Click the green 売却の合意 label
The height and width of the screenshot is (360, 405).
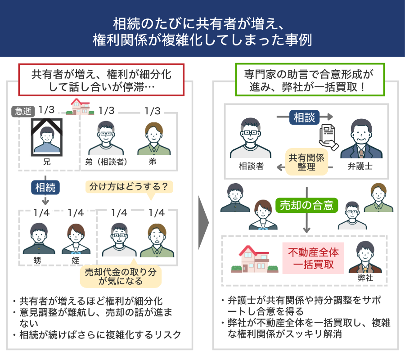click(x=306, y=206)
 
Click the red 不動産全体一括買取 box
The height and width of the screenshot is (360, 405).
click(x=313, y=258)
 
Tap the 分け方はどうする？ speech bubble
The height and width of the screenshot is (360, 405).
click(x=129, y=186)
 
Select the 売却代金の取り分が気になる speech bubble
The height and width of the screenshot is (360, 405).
click(x=120, y=276)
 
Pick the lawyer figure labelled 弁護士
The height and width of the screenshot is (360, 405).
click(x=360, y=139)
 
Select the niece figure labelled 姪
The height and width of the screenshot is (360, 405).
click(x=75, y=238)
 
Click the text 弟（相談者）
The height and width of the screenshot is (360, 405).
click(x=107, y=162)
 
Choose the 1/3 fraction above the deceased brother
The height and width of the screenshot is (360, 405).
click(x=47, y=110)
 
